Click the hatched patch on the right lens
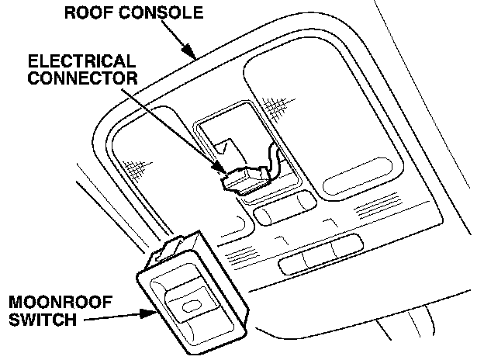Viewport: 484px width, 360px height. point(275,103)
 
